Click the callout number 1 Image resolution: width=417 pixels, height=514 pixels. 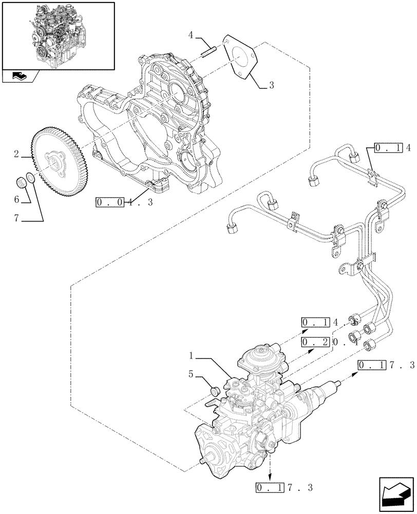191,355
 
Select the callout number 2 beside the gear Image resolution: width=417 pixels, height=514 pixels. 16,154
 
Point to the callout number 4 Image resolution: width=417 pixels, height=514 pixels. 191,35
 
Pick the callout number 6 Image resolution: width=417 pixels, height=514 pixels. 16,199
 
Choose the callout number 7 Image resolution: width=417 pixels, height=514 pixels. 16,218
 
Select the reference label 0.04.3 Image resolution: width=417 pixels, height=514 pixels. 124,203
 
